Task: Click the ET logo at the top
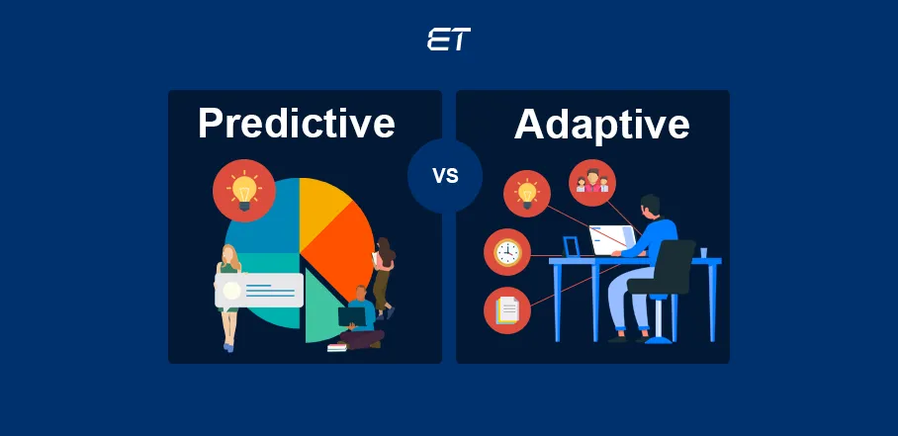click(x=448, y=40)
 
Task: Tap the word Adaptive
click(x=601, y=125)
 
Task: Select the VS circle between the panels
click(x=445, y=176)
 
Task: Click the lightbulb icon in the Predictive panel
click(x=243, y=190)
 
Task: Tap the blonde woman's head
click(x=229, y=256)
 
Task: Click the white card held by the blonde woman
click(x=259, y=290)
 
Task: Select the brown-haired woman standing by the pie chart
click(x=384, y=272)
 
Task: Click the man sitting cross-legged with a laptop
click(x=358, y=318)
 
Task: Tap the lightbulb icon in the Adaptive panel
click(x=527, y=193)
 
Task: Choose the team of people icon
click(x=591, y=183)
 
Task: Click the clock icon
click(x=507, y=252)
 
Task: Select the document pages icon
click(x=507, y=309)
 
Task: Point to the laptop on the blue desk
click(x=609, y=239)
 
